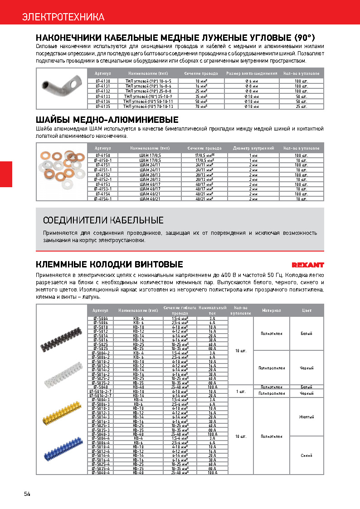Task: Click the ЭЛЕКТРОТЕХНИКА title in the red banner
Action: pos(63,17)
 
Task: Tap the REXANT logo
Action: pos(307,265)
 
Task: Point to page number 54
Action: pos(27,494)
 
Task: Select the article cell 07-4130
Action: pos(102,80)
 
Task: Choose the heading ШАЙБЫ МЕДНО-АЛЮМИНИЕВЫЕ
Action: pos(107,120)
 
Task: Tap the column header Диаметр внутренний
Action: pos(253,148)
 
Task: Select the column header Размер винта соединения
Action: pos(252,73)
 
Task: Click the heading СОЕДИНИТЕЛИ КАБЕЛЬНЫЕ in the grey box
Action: pos(103,221)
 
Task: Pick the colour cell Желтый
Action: pos(306,417)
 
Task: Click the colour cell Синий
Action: pos(306,455)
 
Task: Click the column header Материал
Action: pos(272,310)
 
